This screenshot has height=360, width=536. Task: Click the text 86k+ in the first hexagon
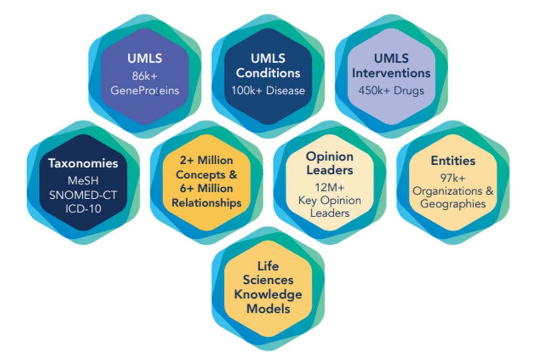click(x=144, y=76)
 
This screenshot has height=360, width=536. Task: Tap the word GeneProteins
click(x=144, y=91)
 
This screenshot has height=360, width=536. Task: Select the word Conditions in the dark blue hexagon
click(x=268, y=73)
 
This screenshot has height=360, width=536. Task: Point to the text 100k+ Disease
click(x=268, y=91)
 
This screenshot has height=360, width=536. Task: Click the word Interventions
click(x=392, y=73)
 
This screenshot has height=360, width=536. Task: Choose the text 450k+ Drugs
click(x=392, y=91)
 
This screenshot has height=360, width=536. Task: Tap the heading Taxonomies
click(x=83, y=163)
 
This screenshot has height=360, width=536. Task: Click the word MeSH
click(x=83, y=181)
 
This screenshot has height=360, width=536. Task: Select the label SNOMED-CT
click(x=83, y=195)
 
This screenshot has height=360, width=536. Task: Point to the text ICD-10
click(x=83, y=209)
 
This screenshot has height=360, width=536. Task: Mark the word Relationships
click(x=206, y=203)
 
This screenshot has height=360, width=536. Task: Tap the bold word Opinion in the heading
click(x=330, y=157)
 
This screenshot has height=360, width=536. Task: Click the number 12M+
click(x=330, y=187)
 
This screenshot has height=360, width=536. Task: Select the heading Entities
click(x=453, y=161)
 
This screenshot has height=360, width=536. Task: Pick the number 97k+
click(x=453, y=178)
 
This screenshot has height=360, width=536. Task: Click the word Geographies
click(x=453, y=204)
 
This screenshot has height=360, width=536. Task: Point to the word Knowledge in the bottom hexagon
click(x=268, y=295)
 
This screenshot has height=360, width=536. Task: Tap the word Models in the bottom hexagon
click(x=268, y=309)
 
